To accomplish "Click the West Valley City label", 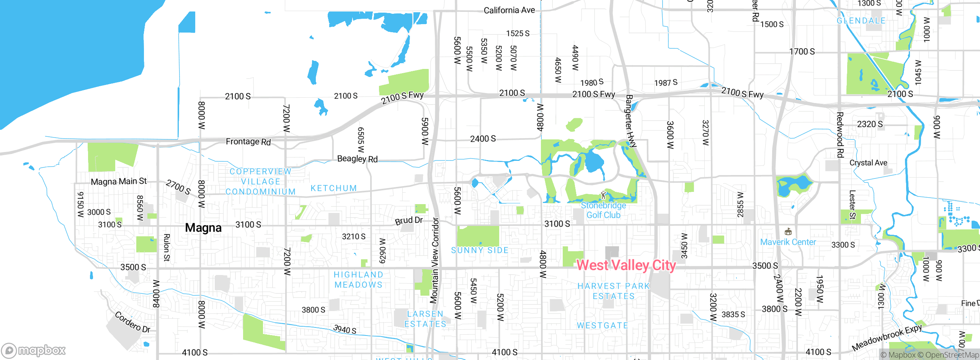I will point(626,265).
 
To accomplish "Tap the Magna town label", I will point(203,228).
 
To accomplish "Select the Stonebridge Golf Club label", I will point(603,210).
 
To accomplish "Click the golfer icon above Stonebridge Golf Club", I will point(604,195).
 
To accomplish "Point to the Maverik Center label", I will point(788,242).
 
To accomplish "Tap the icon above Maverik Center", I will point(788,232).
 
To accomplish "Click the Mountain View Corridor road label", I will point(434,260).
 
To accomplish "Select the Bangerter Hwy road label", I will point(630,121).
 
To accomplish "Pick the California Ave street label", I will point(509,10).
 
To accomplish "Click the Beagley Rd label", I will point(357,159).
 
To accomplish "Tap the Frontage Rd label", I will point(248,142).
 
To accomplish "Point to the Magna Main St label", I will point(119,181).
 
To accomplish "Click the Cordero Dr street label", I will point(132,322).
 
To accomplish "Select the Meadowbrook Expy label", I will point(887,338).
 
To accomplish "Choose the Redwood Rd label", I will point(840,135).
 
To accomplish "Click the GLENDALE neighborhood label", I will point(861,21).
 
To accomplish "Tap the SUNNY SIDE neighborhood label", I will point(480,250).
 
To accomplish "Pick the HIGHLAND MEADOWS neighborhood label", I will point(358,280).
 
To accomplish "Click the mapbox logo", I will point(34,350).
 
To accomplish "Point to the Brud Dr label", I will point(409,221).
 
